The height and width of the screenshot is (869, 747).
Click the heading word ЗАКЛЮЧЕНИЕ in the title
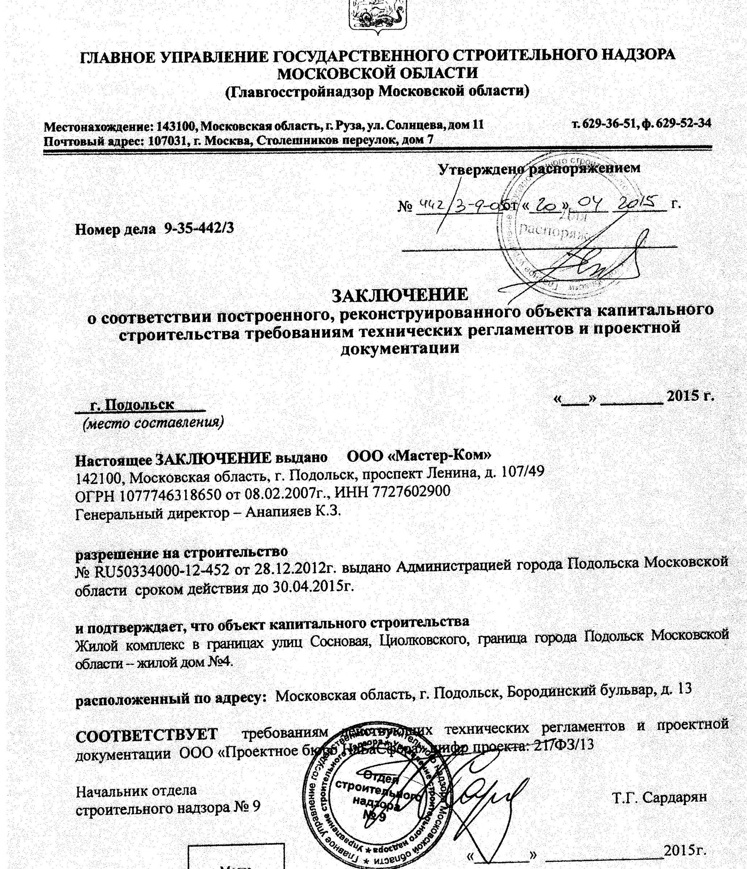400,294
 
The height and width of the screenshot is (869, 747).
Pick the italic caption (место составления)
153,422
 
